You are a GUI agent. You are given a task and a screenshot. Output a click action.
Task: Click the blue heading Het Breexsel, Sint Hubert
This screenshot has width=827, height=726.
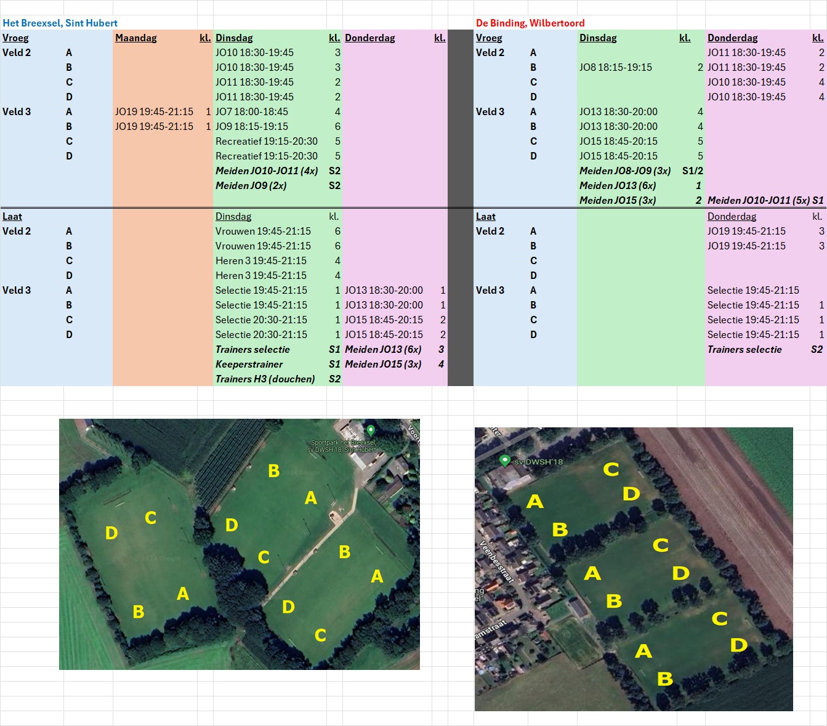[x=60, y=23]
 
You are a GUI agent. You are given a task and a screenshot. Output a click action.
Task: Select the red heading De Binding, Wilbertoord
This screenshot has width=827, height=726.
[x=530, y=23]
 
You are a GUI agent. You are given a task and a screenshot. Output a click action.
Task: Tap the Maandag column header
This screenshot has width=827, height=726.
[x=136, y=38]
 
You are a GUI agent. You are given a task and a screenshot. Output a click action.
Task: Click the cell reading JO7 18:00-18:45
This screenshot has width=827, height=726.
[x=252, y=111]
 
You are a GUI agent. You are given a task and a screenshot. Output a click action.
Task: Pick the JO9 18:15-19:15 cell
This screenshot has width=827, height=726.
[x=252, y=126]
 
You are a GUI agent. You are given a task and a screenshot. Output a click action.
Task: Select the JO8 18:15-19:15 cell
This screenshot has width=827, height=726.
[x=616, y=67]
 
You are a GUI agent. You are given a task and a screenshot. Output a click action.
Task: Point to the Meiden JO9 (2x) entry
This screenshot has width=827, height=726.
[x=251, y=185]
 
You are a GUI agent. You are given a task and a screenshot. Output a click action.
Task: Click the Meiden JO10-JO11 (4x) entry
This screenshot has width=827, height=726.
[x=267, y=171]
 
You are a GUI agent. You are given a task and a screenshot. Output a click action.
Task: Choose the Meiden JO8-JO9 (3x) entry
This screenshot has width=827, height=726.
[x=625, y=171]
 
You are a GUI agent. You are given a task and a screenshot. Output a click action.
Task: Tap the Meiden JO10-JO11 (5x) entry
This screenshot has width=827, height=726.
[x=759, y=200]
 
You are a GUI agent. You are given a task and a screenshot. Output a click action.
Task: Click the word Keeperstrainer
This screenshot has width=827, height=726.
[x=249, y=364]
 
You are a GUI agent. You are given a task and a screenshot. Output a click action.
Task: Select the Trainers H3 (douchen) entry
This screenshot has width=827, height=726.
[x=265, y=379]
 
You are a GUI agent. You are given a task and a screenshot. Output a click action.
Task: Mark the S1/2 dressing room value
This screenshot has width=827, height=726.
[x=693, y=171]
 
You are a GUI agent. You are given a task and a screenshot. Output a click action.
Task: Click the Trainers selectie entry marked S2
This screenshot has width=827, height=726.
[x=744, y=349]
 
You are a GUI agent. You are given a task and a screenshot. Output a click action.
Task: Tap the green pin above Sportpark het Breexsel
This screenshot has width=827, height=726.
[x=371, y=430]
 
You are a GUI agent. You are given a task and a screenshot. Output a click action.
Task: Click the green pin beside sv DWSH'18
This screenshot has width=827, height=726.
[x=505, y=461]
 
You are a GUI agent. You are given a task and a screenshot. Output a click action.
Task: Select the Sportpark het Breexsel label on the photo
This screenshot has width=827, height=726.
[x=342, y=446]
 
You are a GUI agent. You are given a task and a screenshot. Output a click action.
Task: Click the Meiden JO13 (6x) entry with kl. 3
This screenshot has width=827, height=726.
[x=383, y=349]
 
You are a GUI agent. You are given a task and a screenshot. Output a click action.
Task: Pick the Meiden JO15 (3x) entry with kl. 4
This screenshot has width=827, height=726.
[x=383, y=364]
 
